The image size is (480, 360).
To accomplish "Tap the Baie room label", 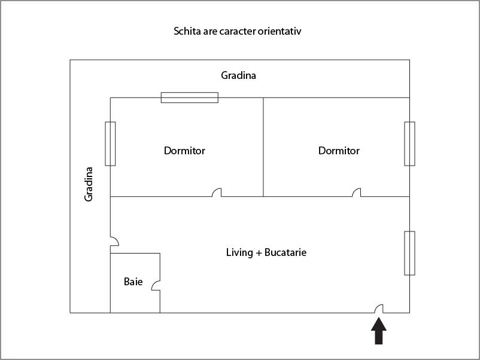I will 133,281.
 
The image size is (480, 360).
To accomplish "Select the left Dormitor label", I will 184,151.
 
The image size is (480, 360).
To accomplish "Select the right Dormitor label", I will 339,151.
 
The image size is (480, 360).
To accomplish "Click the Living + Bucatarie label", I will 266,252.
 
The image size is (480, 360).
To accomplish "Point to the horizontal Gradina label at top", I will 238,75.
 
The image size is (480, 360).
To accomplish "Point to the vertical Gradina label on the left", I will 89,184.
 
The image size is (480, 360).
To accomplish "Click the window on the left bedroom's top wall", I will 189,97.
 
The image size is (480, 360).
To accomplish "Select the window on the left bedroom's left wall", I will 110,144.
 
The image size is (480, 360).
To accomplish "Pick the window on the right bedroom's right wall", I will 409,144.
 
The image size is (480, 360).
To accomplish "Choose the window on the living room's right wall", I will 409,253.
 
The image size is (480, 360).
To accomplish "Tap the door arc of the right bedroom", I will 357,193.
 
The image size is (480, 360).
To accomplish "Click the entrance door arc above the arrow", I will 379,309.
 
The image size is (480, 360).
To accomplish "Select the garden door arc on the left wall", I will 114,241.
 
